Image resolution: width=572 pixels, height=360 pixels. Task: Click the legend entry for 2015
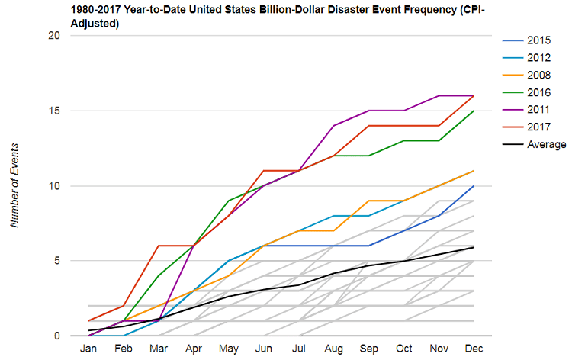(526, 40)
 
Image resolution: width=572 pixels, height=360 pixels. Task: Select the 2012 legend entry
(526, 58)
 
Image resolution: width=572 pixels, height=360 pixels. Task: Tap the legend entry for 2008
(526, 76)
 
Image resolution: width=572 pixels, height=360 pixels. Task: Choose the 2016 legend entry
(526, 92)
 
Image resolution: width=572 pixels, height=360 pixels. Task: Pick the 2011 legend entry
(526, 109)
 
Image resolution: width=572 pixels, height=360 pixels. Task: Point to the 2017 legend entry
(526, 127)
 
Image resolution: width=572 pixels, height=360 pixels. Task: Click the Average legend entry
(534, 144)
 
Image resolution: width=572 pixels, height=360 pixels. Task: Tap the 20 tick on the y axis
(54, 35)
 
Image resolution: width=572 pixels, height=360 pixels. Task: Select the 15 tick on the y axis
(54, 111)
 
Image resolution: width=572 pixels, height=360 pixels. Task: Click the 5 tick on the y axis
(57, 261)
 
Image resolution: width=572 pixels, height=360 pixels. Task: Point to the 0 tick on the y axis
(57, 336)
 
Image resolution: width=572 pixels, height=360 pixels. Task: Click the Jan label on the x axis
(88, 349)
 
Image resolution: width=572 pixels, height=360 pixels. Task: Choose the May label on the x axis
(229, 349)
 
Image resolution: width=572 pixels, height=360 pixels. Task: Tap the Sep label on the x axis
(369, 349)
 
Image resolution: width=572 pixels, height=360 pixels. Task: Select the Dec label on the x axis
(474, 349)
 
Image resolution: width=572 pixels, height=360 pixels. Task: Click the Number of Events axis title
(14, 185)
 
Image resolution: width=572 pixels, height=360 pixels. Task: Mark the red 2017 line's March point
(159, 246)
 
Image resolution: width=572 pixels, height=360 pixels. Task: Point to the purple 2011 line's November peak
(439, 95)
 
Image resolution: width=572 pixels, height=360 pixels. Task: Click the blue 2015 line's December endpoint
(474, 185)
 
